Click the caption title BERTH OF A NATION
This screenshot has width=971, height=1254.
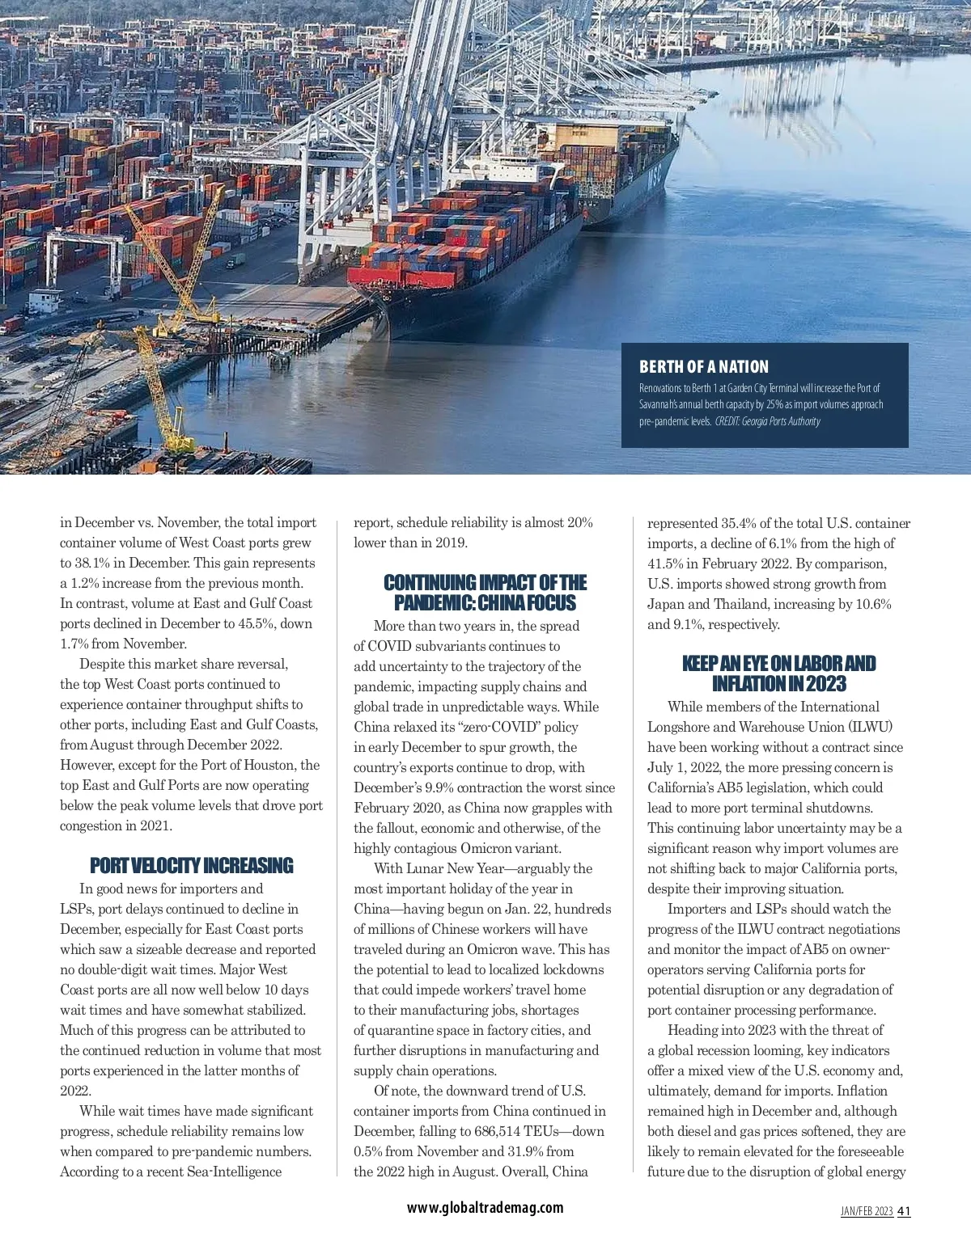coord(703,367)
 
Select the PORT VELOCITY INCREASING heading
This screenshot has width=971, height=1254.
coord(192,866)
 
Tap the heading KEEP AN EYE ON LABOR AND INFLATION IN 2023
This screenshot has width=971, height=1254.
coord(778,673)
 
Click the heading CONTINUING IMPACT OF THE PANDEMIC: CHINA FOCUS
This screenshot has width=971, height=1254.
coord(485,593)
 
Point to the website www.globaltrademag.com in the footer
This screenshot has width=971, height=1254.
coord(485,1207)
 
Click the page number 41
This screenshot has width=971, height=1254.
coord(904,1211)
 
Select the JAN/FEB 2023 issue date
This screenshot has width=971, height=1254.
coord(867,1211)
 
